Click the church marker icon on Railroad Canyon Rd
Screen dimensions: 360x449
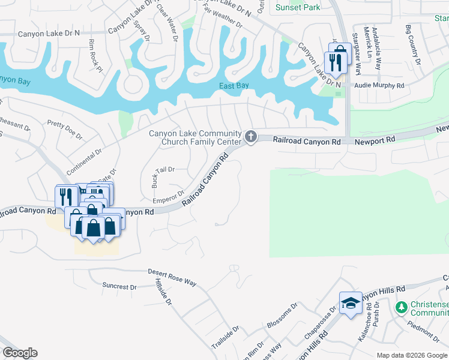[251, 137]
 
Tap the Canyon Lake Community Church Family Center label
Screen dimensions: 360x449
[196, 137]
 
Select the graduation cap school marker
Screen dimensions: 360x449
[350, 304]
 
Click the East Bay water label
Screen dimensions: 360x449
[234, 86]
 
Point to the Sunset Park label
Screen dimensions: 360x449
[298, 7]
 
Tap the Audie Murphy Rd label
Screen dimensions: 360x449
[379, 86]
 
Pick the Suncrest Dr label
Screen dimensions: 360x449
[119, 286]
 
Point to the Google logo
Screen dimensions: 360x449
[20, 353]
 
